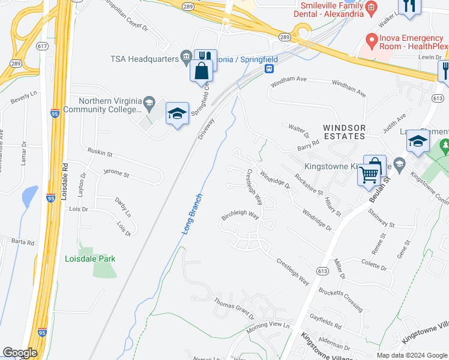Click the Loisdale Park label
[89, 259]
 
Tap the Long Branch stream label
[192, 213]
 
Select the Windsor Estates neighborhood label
[344, 132]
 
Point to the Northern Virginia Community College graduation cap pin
[177, 114]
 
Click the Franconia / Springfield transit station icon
[270, 68]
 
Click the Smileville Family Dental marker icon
[371, 7]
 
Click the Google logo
[20, 353]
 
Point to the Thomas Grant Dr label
[234, 311]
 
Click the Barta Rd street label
[23, 242]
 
